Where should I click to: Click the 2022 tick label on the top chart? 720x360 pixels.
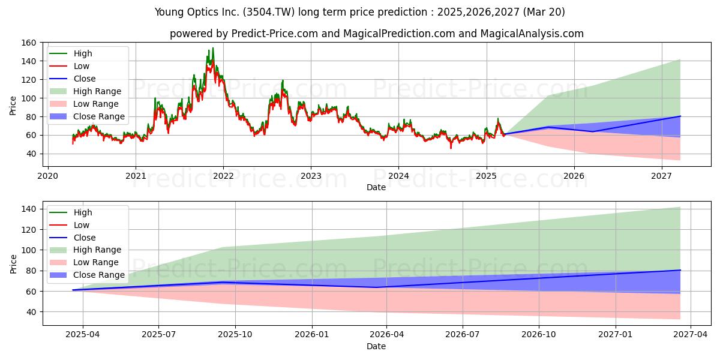(x=223, y=176)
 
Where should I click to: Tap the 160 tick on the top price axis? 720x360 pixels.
(x=28, y=43)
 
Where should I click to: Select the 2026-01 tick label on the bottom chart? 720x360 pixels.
(x=312, y=335)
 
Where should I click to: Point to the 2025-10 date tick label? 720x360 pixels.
(x=235, y=335)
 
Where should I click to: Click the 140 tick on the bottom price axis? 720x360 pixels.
(x=28, y=209)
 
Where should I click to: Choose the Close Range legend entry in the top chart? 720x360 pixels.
(x=87, y=116)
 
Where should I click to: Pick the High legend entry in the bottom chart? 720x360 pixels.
(x=71, y=212)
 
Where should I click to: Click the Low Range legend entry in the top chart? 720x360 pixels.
(x=84, y=104)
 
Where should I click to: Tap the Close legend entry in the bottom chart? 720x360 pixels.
(x=73, y=238)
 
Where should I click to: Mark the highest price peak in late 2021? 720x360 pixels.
(x=213, y=48)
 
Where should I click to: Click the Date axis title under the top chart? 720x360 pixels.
(x=376, y=187)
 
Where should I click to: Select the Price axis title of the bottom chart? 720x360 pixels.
(x=13, y=264)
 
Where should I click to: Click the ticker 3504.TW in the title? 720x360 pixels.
(x=269, y=12)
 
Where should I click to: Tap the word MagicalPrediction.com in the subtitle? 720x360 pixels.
(x=399, y=34)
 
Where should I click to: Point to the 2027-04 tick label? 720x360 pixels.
(x=691, y=335)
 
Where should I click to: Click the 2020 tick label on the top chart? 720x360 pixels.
(x=48, y=176)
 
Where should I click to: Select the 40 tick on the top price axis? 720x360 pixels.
(x=31, y=154)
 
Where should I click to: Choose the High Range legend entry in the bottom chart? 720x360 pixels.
(x=85, y=250)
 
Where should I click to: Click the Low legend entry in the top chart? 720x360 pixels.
(x=70, y=66)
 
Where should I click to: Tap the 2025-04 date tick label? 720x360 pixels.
(x=83, y=335)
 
